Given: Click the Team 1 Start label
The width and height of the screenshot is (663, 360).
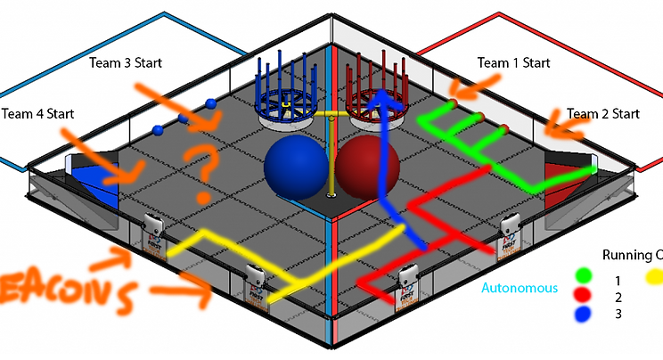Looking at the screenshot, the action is click(x=513, y=63).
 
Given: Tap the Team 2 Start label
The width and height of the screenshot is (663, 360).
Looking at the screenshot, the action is click(x=603, y=114).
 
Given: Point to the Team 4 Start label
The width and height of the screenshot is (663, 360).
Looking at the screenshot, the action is click(x=37, y=114).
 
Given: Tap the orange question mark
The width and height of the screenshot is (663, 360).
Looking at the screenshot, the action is click(x=202, y=169).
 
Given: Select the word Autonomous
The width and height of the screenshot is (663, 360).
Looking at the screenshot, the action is click(x=520, y=288).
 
